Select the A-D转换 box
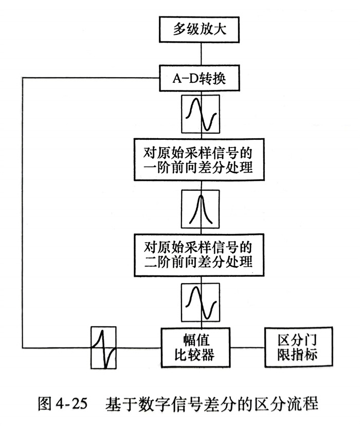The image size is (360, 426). (200, 80)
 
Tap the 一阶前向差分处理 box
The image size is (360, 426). (200, 159)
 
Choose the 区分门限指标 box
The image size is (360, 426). (298, 347)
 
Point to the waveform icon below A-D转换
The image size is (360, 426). (200, 114)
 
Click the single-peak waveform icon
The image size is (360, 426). (200, 209)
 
